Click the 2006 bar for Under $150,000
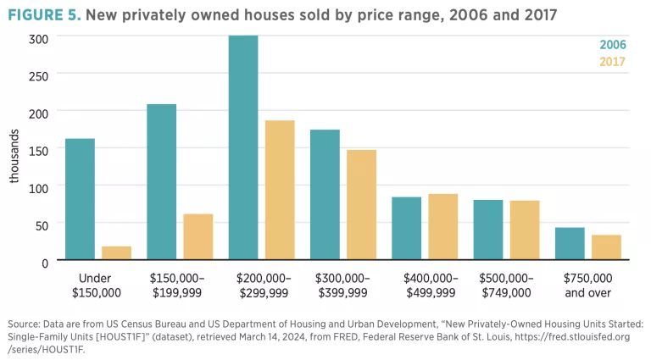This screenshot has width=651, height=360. tap(80, 199)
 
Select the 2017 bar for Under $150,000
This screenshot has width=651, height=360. tap(116, 252)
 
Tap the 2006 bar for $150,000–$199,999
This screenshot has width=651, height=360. tap(162, 182)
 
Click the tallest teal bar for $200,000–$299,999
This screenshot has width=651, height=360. tap(243, 147)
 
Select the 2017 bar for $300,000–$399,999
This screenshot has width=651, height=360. tap(361, 205)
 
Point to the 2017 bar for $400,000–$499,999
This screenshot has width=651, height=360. tap(442, 226)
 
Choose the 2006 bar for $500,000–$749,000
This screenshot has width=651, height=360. tap(487, 230)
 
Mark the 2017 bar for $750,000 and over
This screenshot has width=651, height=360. tap(606, 247)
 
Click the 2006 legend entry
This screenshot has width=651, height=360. tap(612, 44)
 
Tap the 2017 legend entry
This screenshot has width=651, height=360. tap(612, 61)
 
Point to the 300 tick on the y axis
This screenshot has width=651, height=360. tap(38, 38)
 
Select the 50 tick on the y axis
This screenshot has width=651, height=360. tap(41, 224)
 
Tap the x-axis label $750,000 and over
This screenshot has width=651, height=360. tap(587, 285)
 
